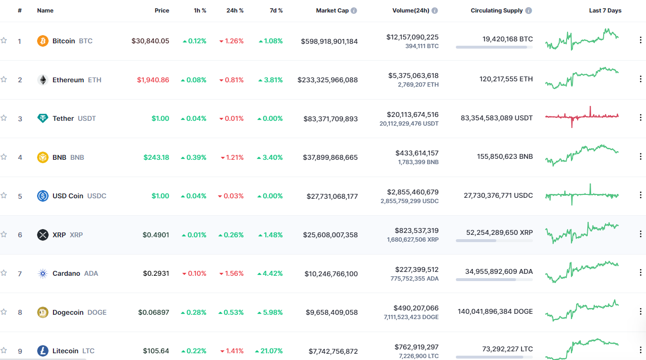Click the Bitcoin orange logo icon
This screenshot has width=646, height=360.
point(43,41)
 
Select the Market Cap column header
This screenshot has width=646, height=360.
point(332,11)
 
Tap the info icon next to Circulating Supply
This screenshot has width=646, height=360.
point(529,11)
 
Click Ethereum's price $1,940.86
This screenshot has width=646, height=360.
point(153,80)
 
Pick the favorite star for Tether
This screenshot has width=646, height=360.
point(4,118)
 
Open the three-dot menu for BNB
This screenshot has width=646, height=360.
point(640,156)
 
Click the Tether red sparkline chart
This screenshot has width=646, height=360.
point(582,116)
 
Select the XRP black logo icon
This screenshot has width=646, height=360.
point(43,235)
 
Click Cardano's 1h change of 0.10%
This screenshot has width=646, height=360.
point(194,273)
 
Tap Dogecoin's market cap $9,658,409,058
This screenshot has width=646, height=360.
point(332,312)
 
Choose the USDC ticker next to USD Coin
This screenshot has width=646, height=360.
point(97,196)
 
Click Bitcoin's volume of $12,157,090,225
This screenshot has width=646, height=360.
point(412,37)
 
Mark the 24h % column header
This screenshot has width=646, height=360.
point(235,11)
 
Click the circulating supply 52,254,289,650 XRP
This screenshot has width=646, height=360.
point(499,232)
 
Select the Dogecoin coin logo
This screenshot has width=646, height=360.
point(43,312)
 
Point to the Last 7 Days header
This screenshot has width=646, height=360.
point(605,11)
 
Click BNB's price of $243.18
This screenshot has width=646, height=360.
point(156,157)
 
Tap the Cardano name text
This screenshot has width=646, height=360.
point(66,273)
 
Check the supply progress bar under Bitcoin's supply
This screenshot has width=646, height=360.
point(494,47)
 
